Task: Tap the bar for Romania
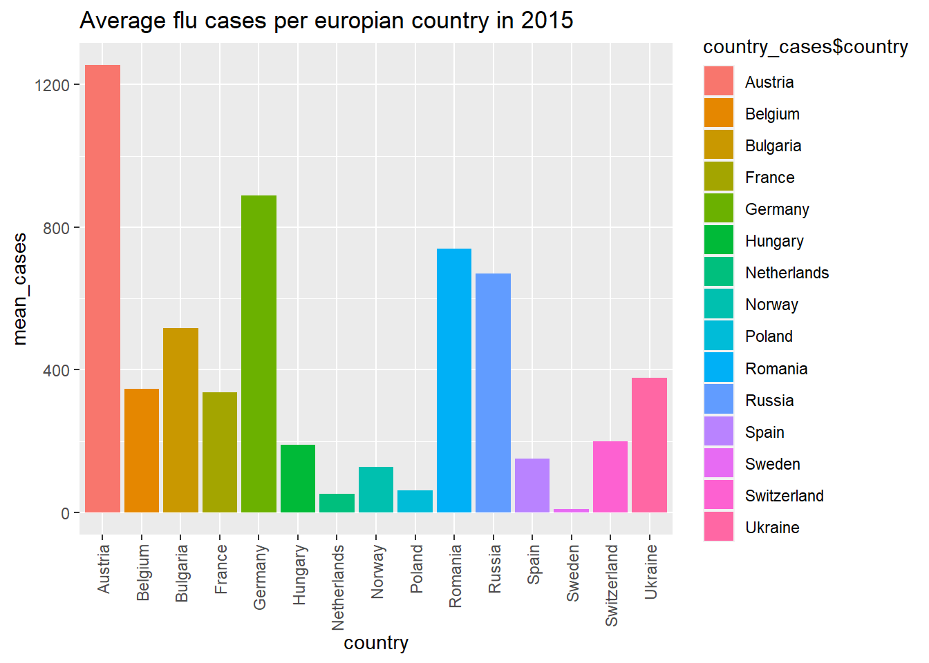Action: point(454,380)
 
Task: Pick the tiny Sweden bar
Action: point(571,510)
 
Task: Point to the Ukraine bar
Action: point(649,445)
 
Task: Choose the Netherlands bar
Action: point(337,503)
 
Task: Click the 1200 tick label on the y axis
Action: point(52,85)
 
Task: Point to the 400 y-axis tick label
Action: point(56,370)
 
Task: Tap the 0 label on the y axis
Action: point(65,513)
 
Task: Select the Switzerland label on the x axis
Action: point(611,585)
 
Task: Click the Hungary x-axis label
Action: point(299,575)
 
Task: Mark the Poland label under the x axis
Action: point(416,568)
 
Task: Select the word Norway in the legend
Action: point(771,305)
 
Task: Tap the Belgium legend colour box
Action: point(719,113)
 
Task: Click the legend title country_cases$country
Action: point(805,47)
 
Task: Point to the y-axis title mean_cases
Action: point(20,289)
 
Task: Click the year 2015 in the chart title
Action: point(547,21)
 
